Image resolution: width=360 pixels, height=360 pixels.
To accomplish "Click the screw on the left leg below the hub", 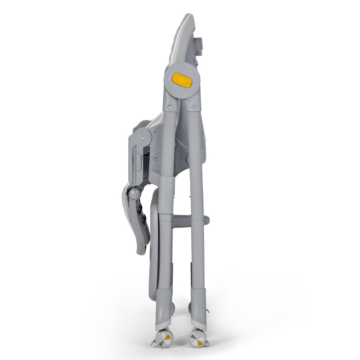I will [x=170, y=107].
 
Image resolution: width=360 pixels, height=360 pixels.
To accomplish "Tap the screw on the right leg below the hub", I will [x=193, y=107].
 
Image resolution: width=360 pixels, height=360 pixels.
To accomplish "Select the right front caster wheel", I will [x=196, y=338].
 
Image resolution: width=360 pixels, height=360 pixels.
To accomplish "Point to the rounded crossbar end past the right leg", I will [x=206, y=220].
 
